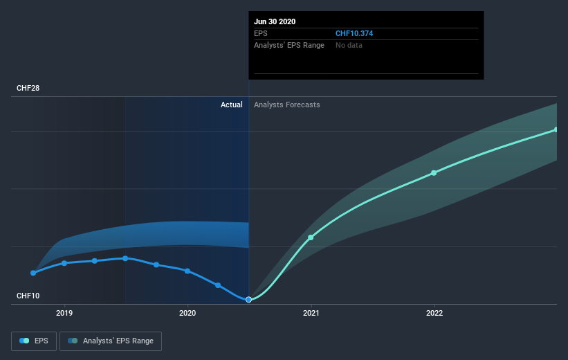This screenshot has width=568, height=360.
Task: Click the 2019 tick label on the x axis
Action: pos(64,313)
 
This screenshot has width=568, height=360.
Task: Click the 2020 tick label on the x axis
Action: pos(187,313)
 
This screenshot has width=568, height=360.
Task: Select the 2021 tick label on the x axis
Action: pos(311,313)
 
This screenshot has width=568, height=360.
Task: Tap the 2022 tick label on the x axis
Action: pos(434,313)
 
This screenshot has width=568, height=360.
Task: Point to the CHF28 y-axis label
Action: pos(28,89)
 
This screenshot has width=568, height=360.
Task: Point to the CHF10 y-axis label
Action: pos(28,296)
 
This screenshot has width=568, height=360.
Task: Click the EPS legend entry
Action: pos(35,341)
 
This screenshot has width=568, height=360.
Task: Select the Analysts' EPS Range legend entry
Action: pos(111,341)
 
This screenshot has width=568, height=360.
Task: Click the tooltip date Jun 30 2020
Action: pos(275,21)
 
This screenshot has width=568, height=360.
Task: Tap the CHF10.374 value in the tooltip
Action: pos(355,33)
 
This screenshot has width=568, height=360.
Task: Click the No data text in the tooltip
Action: pos(349,45)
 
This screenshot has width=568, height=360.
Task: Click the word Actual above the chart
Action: pos(231,105)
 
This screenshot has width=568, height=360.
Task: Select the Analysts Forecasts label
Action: pos(287,105)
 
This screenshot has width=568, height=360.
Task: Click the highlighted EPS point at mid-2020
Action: pos(248,299)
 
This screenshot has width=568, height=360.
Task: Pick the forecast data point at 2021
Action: pos(311,237)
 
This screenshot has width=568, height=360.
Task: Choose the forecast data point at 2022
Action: pos(434,172)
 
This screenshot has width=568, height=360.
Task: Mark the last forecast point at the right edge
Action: pos(556,129)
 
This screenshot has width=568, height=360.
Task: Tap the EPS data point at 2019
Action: pos(64,263)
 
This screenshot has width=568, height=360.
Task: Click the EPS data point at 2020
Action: pos(187,271)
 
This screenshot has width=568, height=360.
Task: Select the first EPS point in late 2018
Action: pos(33,273)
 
